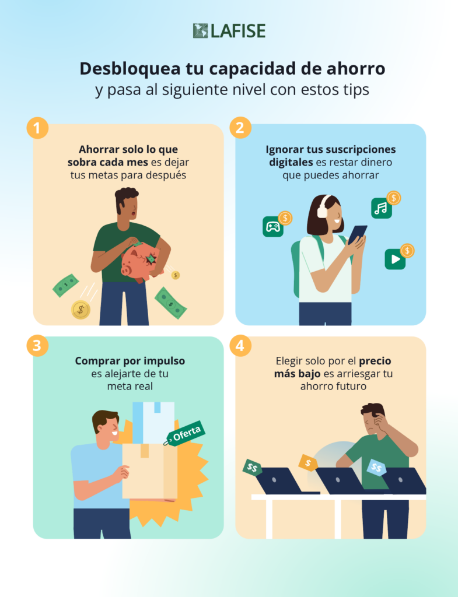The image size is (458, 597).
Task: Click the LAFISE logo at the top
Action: coord(229,31)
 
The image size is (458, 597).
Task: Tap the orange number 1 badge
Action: coord(37,128)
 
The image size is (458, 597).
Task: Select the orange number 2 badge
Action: coord(240,128)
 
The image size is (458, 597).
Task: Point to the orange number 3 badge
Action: coord(37,345)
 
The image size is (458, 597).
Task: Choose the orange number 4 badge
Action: coord(240,345)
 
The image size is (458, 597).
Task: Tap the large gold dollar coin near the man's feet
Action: coord(81,310)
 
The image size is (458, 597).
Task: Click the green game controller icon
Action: coord(273,227)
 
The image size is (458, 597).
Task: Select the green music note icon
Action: coord(382,208)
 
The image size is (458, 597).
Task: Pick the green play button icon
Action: coord(395,259)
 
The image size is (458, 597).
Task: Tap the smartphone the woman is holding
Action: coord(357,234)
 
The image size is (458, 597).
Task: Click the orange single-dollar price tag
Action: coord(308,463)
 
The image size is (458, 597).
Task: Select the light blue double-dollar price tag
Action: coord(376,467)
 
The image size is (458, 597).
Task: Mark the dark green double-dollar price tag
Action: coord(252,467)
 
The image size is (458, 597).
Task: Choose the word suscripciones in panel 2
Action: coord(361,149)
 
